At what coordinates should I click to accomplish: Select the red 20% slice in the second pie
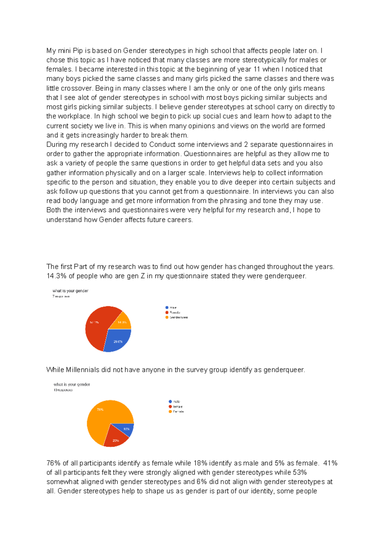click(115, 439)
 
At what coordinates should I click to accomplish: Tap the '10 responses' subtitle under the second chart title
click(63, 390)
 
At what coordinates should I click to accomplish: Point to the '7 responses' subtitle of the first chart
click(61, 297)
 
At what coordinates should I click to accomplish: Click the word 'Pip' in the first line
click(78, 51)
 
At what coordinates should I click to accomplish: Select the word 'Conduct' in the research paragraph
click(162, 145)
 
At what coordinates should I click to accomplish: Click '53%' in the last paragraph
click(300, 472)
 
